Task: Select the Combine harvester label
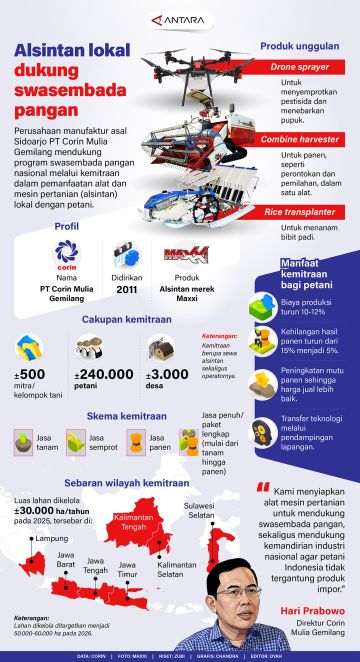[300, 142]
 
